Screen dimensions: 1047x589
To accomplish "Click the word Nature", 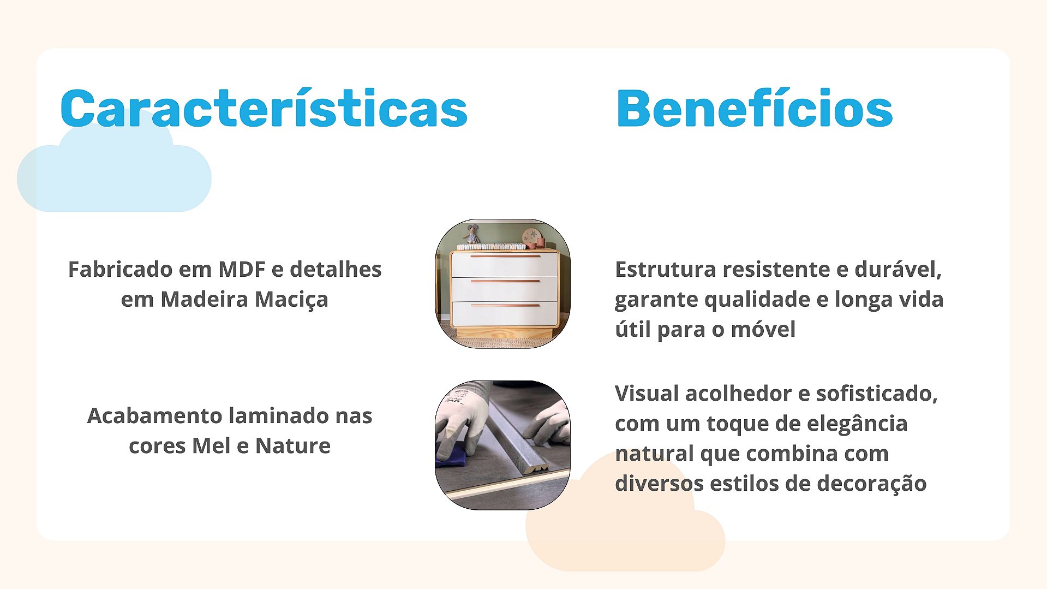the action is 293,446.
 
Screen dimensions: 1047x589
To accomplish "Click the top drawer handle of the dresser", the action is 505,256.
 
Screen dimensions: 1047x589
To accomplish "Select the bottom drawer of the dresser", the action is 505,314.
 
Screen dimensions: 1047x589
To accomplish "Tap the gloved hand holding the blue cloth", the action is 463,418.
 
